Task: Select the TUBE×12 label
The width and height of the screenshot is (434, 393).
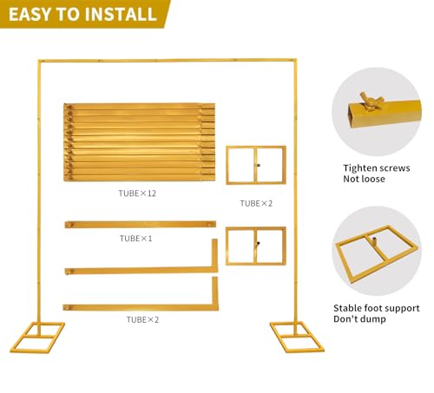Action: click(x=137, y=193)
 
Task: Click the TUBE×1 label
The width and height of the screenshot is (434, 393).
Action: click(x=135, y=239)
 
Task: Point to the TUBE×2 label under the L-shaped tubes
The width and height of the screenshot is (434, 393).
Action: click(x=142, y=319)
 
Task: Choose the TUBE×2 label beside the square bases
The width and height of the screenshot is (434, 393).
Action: click(x=256, y=203)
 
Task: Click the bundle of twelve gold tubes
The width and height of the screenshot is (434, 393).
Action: click(x=139, y=142)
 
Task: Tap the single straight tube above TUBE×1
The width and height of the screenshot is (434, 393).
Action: click(x=141, y=225)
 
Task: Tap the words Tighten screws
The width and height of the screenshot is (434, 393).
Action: click(x=377, y=168)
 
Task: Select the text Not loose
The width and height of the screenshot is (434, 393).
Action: click(x=364, y=179)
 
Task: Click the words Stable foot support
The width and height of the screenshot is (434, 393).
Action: click(x=377, y=308)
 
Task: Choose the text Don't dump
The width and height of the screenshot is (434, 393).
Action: click(x=359, y=319)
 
